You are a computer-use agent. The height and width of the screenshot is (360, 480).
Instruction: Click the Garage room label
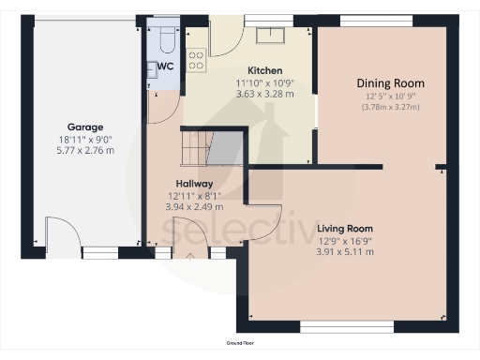[84, 127]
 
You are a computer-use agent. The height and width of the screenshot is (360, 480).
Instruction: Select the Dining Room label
[390, 82]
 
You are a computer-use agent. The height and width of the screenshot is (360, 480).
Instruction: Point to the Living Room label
[345, 229]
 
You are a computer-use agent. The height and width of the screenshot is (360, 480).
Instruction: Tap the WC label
[165, 67]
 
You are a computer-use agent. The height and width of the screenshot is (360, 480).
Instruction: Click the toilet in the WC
[165, 38]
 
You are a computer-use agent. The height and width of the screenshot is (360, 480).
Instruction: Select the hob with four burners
[197, 60]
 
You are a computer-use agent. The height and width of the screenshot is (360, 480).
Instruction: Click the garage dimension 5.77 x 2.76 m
[84, 149]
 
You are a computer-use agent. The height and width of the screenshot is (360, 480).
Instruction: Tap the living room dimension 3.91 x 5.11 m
[345, 251]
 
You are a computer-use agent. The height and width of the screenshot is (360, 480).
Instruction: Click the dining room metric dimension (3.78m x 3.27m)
[390, 107]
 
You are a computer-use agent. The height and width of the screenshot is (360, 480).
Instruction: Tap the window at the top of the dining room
[365, 20]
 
